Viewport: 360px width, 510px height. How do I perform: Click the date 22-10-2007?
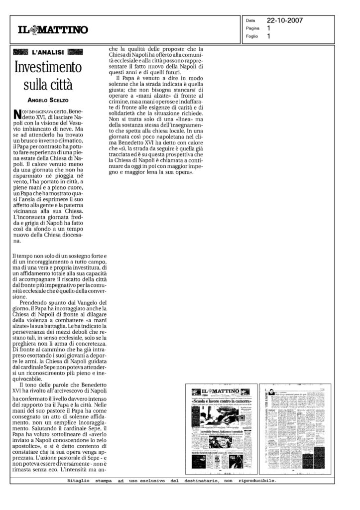coord(285,21)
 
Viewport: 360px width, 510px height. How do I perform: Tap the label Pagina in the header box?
coord(252,29)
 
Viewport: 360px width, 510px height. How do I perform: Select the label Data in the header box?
coord(250,21)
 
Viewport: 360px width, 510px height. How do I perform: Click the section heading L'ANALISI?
coord(47,52)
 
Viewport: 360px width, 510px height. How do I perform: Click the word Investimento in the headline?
coord(47,67)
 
